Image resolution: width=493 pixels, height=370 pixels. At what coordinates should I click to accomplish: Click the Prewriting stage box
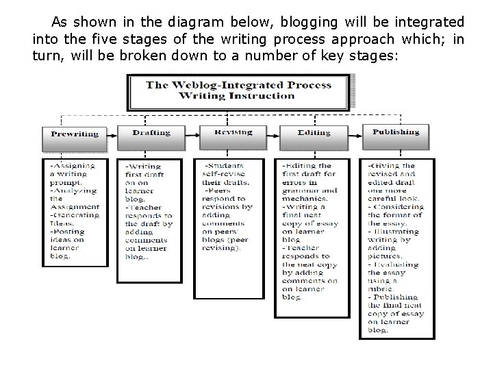pos(75,134)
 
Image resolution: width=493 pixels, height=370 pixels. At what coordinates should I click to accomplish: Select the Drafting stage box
pos(151,132)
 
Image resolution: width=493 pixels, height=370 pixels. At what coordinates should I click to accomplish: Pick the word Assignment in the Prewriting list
pos(75,206)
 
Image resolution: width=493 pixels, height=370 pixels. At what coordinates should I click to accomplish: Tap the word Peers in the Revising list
pos(222,190)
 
